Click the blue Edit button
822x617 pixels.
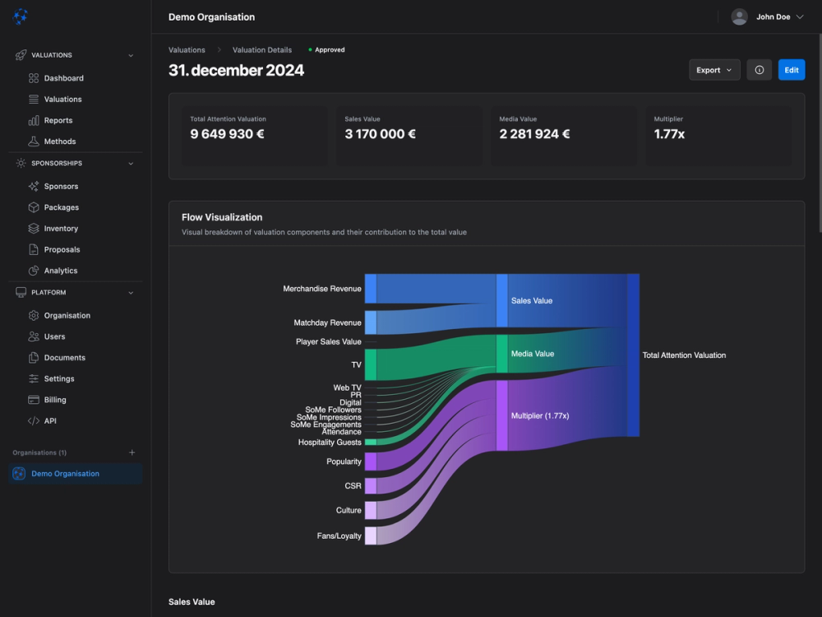pos(791,70)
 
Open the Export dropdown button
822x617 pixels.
pos(713,70)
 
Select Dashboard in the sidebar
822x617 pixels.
pos(63,78)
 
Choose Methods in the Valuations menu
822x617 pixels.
pos(59,141)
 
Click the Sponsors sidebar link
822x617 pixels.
pos(61,187)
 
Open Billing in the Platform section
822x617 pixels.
pos(55,400)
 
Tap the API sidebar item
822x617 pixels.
pos(50,421)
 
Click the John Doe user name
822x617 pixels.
pos(774,16)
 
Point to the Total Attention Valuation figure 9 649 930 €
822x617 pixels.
pos(227,134)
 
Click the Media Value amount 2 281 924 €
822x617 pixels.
pos(534,134)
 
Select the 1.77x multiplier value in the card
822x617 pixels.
pos(669,134)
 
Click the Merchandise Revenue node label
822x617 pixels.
pos(321,290)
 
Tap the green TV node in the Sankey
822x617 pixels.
pos(370,364)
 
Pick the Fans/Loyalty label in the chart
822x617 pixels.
pos(339,536)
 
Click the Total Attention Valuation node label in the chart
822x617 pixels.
pos(684,355)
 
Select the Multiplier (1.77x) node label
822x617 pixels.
pos(539,416)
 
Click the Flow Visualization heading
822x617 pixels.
pos(222,217)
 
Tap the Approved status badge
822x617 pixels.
pos(329,50)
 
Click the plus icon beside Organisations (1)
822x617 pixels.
pos(132,452)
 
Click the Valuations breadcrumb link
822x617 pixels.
pos(187,50)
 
